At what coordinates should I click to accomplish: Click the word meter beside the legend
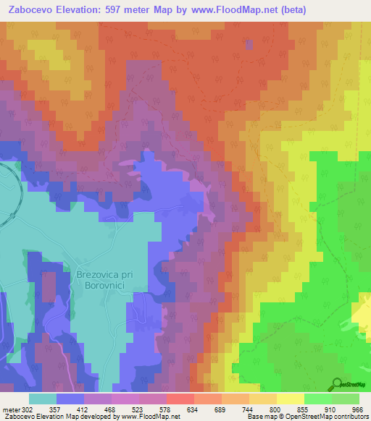coord(9,409)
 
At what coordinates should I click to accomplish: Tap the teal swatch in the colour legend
coord(43,399)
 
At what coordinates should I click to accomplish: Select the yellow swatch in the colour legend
coord(290,399)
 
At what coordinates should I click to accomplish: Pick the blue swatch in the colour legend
coord(70,399)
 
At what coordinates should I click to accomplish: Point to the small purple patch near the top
coord(250,45)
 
